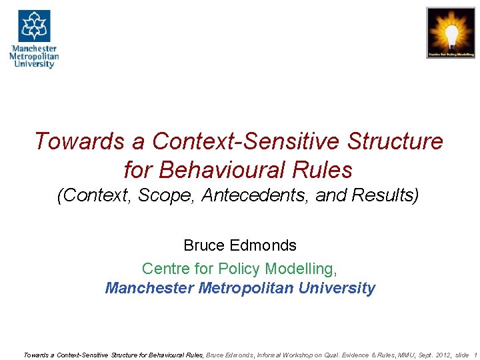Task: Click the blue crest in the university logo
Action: pyautogui.click(x=34, y=26)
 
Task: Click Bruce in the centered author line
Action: pyautogui.click(x=203, y=245)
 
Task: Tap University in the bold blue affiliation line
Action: pyautogui.click(x=337, y=288)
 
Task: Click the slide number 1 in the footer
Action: pyautogui.click(x=475, y=355)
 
